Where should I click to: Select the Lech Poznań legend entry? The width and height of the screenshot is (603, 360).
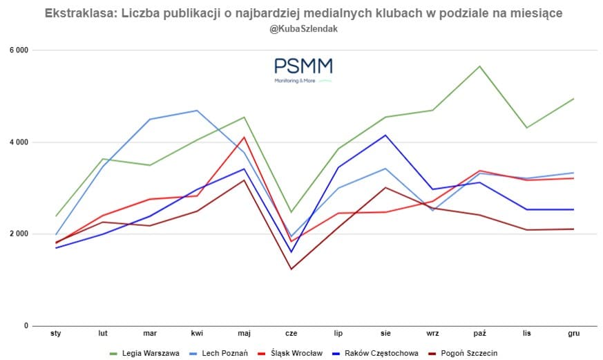[x=222, y=353]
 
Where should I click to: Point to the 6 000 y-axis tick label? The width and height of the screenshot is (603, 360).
[x=19, y=50]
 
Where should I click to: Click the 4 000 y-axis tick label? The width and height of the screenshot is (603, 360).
[x=19, y=142]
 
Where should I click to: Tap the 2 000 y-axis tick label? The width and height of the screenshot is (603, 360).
[x=19, y=234]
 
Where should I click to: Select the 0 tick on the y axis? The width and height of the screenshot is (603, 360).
[x=26, y=326]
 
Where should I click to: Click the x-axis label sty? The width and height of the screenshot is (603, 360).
[x=56, y=334]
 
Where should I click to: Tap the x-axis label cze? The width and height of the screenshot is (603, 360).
[x=291, y=334]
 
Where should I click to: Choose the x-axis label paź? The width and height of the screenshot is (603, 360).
[x=479, y=334]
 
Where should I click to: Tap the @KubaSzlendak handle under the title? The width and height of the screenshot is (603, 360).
[x=303, y=29]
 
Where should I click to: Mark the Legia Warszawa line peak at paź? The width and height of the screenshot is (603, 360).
[x=479, y=66]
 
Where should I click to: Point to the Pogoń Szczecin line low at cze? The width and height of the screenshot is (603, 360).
[x=291, y=269]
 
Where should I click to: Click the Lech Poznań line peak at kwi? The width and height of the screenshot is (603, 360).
[x=197, y=111]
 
